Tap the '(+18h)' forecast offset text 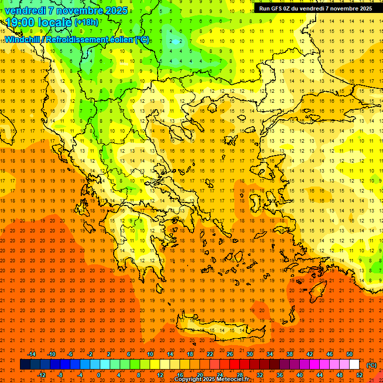(x=86, y=22)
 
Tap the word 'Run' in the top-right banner (x=265, y=8)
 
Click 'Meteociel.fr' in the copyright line (x=233, y=379)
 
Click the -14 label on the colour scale (x=31, y=354)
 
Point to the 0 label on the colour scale (x=99, y=375)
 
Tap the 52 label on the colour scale (x=360, y=375)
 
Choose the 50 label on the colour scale (x=350, y=354)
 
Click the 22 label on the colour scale (x=210, y=354)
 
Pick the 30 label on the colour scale (x=250, y=354)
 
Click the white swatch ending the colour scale (x=355, y=365)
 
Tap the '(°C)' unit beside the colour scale (x=372, y=365)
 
